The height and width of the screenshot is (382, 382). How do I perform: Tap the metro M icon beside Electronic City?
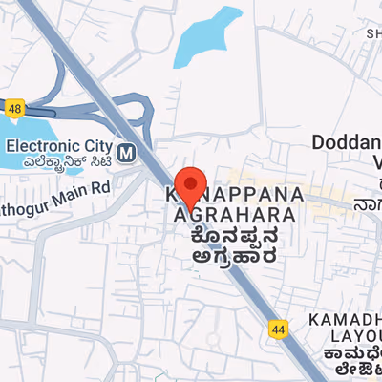coord(128,150)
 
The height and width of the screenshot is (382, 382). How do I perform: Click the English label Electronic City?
coord(59,146)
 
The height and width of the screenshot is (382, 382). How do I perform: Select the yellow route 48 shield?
coord(12,108)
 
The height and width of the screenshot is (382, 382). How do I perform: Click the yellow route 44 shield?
coord(278,329)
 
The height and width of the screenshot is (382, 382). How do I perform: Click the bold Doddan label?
coord(346,143)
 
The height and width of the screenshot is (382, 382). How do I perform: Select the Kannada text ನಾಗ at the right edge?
coord(369,203)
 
